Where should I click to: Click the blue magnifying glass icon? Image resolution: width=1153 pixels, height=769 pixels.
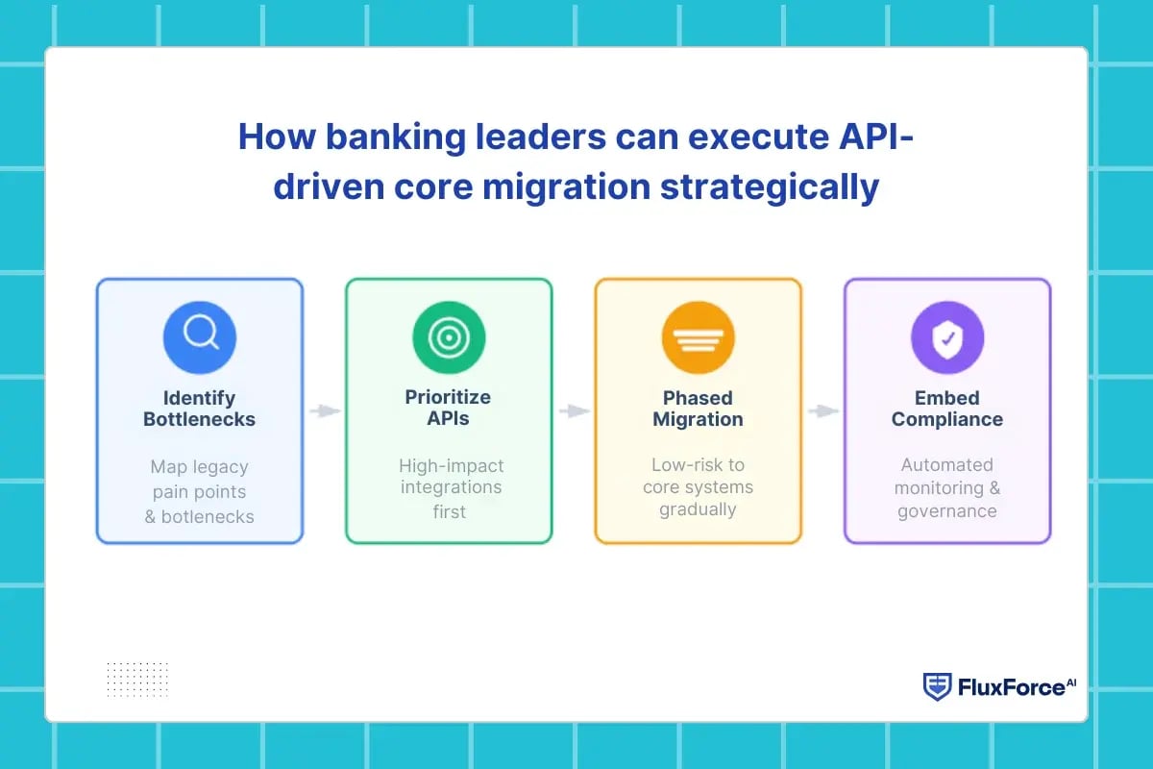click(x=200, y=337)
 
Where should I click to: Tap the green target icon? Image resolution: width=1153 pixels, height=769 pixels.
click(x=449, y=337)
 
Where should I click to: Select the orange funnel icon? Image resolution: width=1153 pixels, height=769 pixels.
click(x=698, y=337)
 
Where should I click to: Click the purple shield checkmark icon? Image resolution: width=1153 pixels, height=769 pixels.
click(x=947, y=337)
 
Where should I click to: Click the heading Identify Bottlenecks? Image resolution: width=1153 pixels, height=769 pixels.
click(x=200, y=409)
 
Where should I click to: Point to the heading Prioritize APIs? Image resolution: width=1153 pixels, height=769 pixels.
click(x=448, y=409)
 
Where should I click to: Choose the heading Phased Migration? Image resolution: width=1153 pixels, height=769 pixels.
click(x=698, y=409)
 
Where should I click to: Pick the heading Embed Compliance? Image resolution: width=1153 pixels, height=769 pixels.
click(x=947, y=409)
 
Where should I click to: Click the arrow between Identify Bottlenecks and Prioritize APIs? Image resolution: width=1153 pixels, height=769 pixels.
click(x=325, y=411)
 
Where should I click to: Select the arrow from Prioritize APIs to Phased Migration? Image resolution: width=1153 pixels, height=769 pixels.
click(x=574, y=411)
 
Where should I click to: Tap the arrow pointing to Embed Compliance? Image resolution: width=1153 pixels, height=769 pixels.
click(x=822, y=411)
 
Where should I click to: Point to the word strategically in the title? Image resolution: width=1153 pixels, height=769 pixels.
click(x=770, y=186)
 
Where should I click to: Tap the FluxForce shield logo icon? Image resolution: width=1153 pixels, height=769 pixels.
click(x=937, y=686)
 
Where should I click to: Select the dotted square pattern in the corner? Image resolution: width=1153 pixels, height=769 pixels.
click(x=137, y=680)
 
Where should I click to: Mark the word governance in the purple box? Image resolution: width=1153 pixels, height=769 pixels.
click(x=947, y=510)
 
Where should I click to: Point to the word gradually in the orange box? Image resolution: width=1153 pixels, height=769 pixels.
click(x=698, y=509)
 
